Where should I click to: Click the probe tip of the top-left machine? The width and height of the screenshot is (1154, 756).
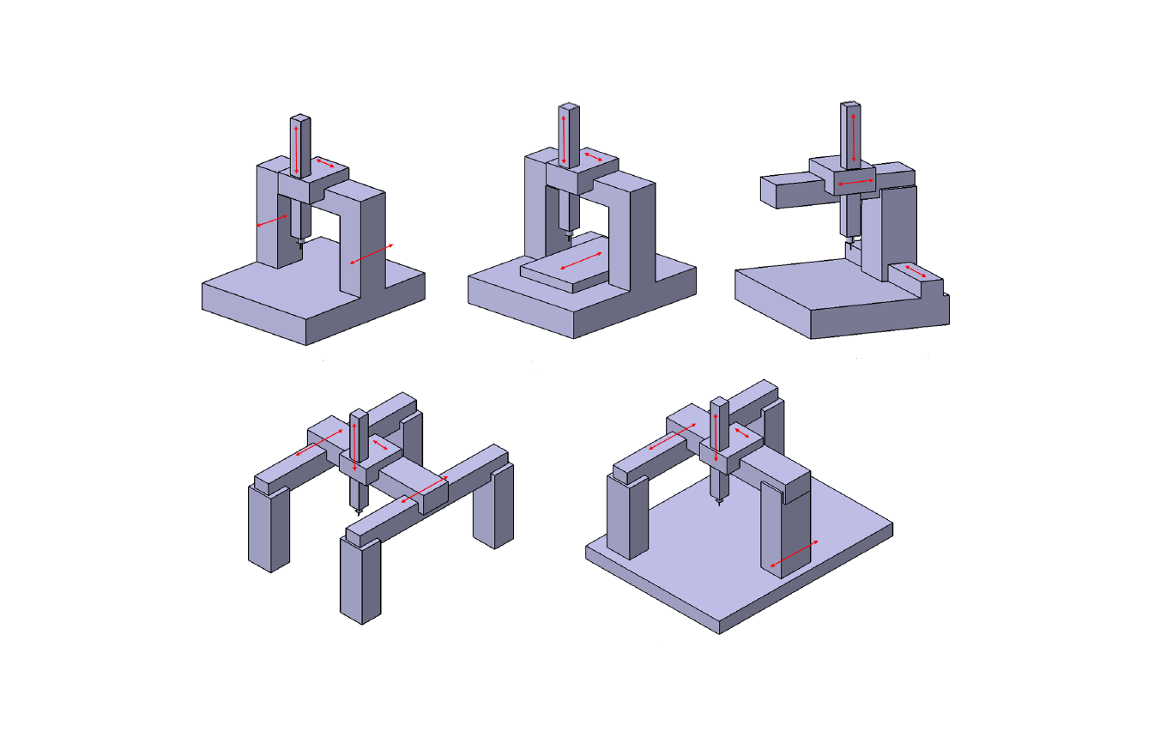(x=300, y=246)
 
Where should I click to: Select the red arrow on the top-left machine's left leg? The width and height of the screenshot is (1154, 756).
(x=272, y=221)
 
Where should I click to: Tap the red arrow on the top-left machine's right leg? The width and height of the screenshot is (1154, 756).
(x=372, y=254)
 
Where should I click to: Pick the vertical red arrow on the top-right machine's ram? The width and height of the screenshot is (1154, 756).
(x=853, y=136)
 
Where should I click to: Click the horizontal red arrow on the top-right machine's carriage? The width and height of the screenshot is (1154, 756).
(x=855, y=184)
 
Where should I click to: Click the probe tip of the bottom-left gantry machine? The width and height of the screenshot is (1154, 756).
(x=358, y=513)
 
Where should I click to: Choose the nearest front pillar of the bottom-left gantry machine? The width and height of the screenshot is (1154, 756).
(x=359, y=578)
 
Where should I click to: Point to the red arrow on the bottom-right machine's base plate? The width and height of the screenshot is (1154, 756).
(x=794, y=554)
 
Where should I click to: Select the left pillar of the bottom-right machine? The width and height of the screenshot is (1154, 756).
(x=625, y=515)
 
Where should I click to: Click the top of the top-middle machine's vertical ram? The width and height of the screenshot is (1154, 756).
(x=569, y=108)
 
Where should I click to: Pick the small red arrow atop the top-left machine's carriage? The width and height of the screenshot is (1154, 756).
(x=325, y=162)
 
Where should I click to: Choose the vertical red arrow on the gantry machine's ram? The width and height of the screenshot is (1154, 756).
(x=354, y=445)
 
